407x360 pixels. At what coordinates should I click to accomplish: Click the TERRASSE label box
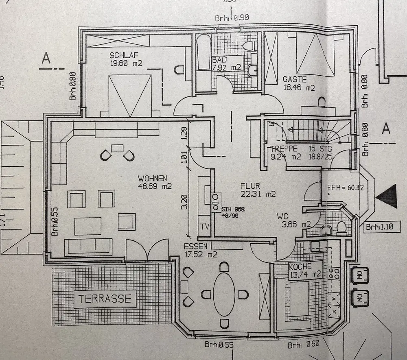pos(105,299)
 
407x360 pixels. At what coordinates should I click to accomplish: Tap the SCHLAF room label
pos(123,55)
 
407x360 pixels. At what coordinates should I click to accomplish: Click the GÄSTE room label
pos(295,79)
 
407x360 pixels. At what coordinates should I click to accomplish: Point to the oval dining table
pos(223,294)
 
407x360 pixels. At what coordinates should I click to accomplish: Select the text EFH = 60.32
pos(346,188)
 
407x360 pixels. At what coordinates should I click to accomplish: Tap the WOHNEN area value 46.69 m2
pos(155,186)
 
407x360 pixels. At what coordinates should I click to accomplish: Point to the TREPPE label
pos(284,149)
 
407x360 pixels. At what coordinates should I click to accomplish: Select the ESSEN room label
pos(196,247)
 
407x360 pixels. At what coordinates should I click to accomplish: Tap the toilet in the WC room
pos(341,227)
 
